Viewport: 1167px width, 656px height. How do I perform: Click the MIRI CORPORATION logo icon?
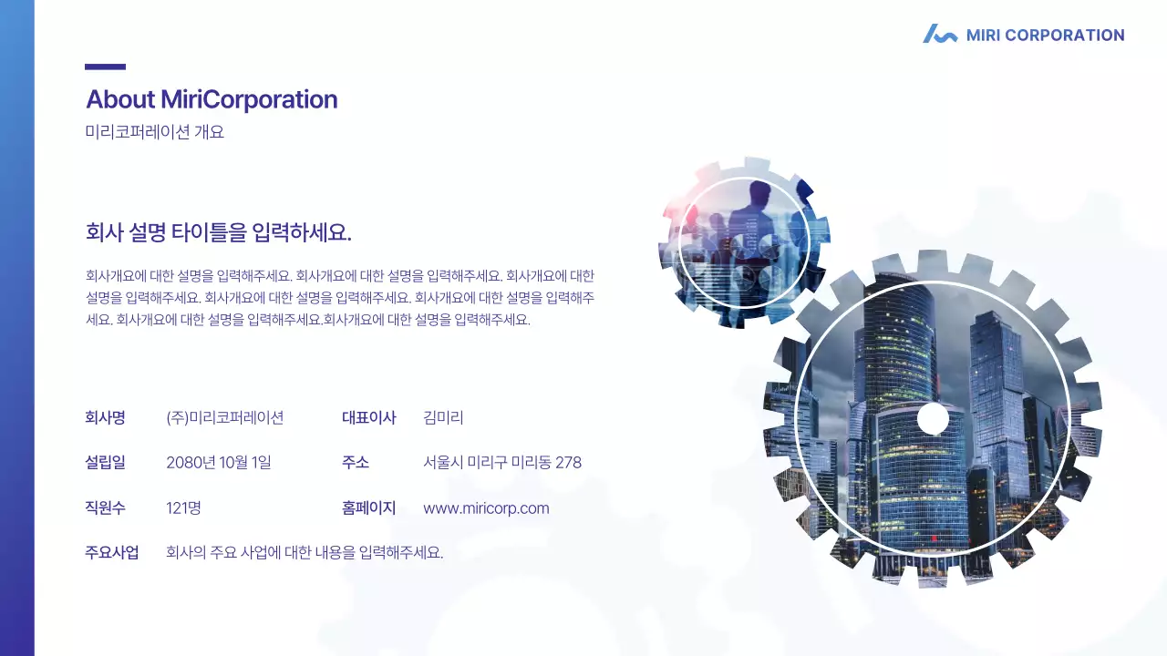[x=939, y=35]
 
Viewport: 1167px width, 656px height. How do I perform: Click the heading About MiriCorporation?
[x=212, y=99]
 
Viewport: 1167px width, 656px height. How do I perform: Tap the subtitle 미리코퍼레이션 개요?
[x=154, y=132]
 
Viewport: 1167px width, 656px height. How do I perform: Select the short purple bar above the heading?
[x=105, y=67]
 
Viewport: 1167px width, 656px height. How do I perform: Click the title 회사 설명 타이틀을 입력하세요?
[x=219, y=232]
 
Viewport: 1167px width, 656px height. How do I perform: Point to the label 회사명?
[x=105, y=418]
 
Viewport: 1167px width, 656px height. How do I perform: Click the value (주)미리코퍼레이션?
[x=225, y=418]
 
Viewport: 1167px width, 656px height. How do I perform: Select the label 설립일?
[x=105, y=463]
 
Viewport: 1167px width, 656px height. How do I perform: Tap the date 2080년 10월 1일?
[x=219, y=463]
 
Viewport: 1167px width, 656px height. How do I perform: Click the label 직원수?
[x=105, y=508]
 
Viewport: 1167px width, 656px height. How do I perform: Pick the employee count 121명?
[x=183, y=508]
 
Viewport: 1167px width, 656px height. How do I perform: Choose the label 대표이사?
[x=368, y=418]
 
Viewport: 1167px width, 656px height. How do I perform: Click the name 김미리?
[x=443, y=418]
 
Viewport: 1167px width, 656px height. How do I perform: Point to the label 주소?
[x=356, y=463]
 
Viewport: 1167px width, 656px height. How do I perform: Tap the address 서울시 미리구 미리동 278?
[x=502, y=463]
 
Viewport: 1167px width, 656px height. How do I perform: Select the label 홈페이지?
[x=368, y=508]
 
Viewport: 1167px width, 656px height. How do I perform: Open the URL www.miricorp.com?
[x=486, y=508]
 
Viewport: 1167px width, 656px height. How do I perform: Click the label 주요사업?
[x=111, y=552]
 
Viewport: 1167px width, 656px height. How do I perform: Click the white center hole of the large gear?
[x=932, y=419]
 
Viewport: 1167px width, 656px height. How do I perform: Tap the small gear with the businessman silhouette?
[x=743, y=242]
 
